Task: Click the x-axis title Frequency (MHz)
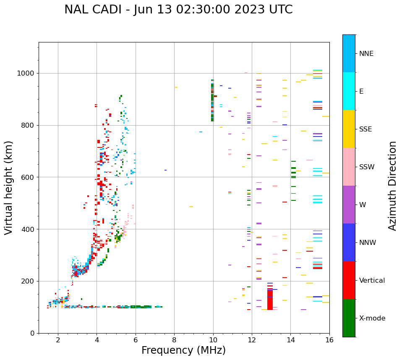point(183,350)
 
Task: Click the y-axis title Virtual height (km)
point(9,188)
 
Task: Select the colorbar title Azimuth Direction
point(392,186)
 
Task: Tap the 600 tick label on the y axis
point(29,177)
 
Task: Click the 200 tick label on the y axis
point(29,281)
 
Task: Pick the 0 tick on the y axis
point(33,333)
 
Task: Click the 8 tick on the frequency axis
point(174,339)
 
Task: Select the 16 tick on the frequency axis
point(329,339)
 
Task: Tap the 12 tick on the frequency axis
point(252,339)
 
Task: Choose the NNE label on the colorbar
point(366,54)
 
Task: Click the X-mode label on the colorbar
point(372,318)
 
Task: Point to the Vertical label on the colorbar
point(372,281)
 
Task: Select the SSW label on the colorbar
point(367,167)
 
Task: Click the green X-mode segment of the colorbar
point(349,318)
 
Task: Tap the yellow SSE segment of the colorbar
point(349,129)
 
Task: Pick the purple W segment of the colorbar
point(349,205)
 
